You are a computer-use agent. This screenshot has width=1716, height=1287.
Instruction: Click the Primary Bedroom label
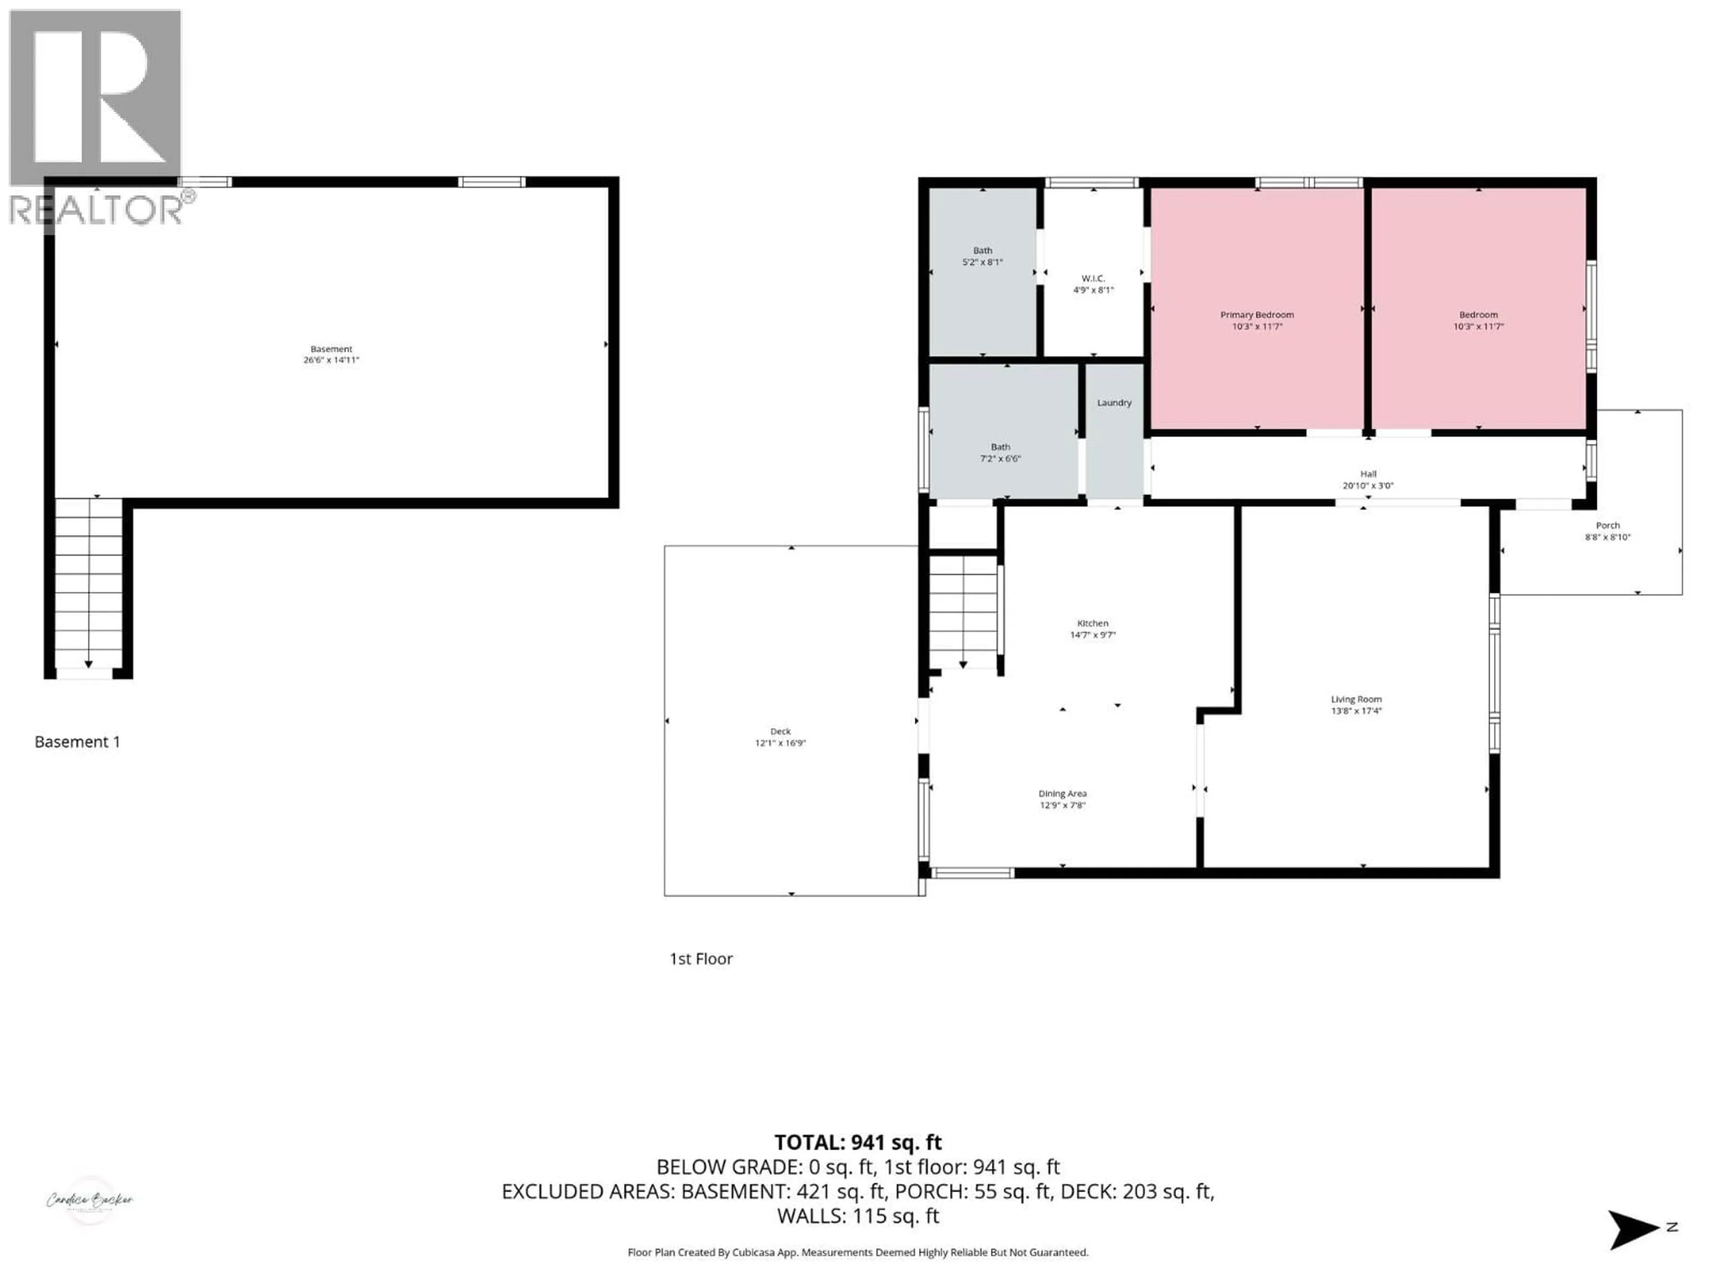1256,315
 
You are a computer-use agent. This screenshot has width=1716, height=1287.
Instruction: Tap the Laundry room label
1114,403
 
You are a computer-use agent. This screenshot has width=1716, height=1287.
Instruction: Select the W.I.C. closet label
1093,278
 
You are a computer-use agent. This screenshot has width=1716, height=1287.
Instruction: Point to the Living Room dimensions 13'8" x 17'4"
1356,711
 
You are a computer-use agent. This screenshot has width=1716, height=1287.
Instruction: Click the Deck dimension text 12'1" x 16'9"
780,743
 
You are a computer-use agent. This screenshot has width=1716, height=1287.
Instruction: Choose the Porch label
1607,525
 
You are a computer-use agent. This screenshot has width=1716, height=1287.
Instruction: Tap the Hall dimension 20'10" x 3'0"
1368,486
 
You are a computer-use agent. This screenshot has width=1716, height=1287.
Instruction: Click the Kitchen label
1092,623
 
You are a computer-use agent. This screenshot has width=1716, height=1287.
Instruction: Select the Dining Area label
1062,794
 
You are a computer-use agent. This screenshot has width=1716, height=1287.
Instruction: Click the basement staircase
88,582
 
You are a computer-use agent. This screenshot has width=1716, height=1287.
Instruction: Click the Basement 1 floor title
78,742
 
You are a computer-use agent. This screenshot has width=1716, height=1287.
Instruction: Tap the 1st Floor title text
701,959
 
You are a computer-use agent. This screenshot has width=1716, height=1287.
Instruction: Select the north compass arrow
1633,1230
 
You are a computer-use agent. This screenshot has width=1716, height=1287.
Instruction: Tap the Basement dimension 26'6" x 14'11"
331,360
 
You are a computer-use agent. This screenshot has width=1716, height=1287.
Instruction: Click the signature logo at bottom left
89,1200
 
